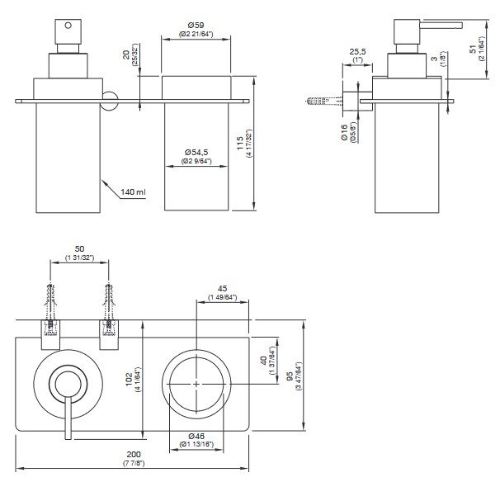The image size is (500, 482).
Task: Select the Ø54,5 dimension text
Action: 196,152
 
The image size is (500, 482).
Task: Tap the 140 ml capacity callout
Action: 132,192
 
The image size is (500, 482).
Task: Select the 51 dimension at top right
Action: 472,49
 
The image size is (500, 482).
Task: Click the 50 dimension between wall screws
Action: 80,248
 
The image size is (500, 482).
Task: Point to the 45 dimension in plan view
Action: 223,289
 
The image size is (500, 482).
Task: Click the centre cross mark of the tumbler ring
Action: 196,384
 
